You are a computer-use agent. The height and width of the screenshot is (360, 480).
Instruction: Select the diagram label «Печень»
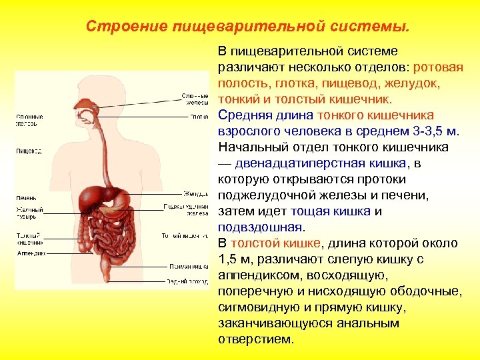coord(27,197)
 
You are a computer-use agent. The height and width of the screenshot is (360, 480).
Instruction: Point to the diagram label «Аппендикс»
coord(31,253)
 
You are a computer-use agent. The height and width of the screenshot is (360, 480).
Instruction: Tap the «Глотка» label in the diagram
coord(199,117)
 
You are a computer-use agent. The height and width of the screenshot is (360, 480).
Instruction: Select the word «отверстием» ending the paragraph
coord(255,339)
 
